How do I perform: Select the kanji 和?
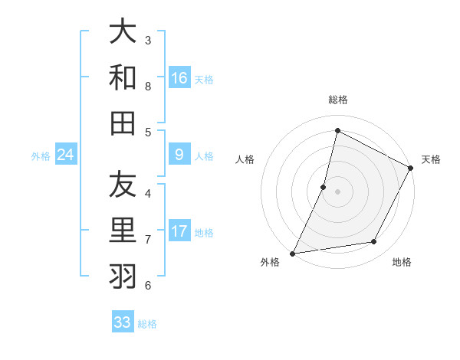(123, 78)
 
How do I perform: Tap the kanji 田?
(123, 123)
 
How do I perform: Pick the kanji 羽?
(123, 277)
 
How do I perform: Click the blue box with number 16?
(179, 78)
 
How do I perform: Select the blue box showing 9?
(179, 155)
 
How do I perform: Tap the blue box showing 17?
(179, 231)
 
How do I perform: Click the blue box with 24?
(66, 155)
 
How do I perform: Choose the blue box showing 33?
(123, 322)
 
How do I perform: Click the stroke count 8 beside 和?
(148, 86)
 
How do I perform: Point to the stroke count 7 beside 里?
(148, 239)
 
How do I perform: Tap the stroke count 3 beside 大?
(148, 40)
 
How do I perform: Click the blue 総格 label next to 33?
(147, 324)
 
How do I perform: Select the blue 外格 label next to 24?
(41, 156)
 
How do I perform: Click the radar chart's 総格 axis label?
(337, 100)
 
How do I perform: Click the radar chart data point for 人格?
(324, 187)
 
